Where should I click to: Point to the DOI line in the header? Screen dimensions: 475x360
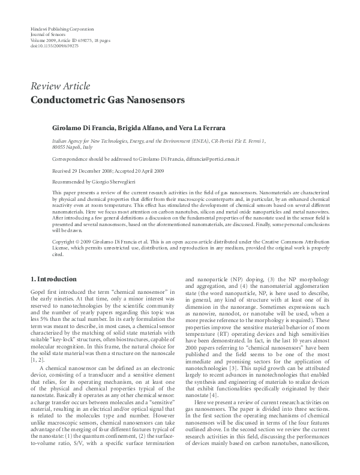click(52, 45)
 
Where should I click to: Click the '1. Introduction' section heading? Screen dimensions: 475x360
click(53, 279)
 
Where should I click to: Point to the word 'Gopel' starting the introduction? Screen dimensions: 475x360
click(37, 291)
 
